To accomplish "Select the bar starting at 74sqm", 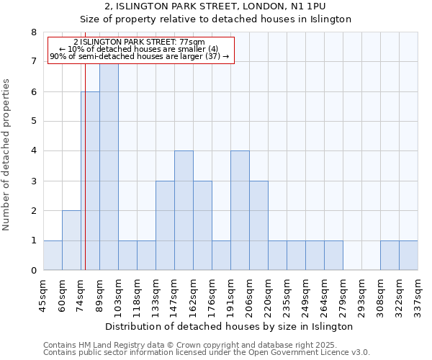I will [90, 181].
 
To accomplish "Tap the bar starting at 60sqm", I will [71, 240].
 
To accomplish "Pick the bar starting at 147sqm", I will [184, 210].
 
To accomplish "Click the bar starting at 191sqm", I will [240, 210].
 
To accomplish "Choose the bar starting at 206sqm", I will [258, 225].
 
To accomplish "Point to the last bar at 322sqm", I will [408, 256].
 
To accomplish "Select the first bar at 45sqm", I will [53, 256].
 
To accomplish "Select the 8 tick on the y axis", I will [33, 32].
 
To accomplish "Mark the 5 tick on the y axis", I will [33, 122].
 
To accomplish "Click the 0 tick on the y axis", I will [33, 271].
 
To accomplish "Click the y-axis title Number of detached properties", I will [7, 156].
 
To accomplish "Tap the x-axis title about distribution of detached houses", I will [234, 326].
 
